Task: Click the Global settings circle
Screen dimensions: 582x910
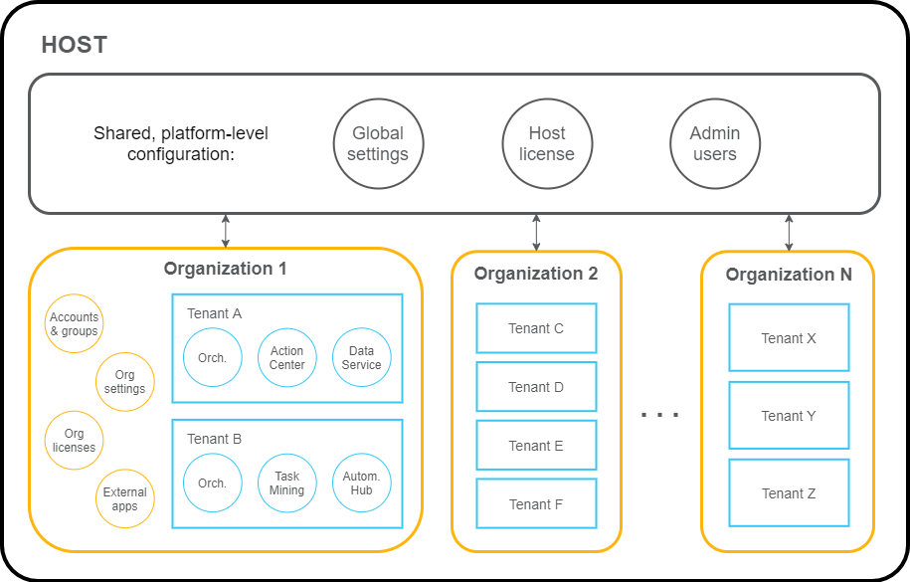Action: tap(378, 144)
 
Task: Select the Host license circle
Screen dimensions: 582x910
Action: tap(546, 144)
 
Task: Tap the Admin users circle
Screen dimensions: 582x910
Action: tap(715, 144)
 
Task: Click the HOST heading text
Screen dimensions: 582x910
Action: tap(75, 46)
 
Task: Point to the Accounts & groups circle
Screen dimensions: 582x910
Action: tap(75, 324)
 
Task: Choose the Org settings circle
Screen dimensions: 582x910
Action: tap(124, 382)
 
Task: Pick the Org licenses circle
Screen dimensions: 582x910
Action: tap(75, 441)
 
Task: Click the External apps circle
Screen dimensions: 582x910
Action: tap(124, 498)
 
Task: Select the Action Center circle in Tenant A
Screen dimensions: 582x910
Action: tap(287, 358)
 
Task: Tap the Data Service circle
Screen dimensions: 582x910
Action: tap(361, 358)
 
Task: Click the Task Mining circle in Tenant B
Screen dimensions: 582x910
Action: tap(287, 484)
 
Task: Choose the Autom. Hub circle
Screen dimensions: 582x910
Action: tap(361, 484)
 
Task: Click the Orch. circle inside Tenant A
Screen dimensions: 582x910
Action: tap(213, 358)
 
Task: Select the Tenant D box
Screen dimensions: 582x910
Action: tap(536, 387)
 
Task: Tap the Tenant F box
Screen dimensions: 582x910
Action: tap(536, 504)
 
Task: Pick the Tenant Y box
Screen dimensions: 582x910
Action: tap(789, 416)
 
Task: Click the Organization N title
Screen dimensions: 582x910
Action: tap(789, 276)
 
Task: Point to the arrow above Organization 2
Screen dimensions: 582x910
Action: tap(537, 231)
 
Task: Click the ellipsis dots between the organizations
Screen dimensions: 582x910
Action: tap(659, 413)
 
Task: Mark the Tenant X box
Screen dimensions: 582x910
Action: tap(789, 338)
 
